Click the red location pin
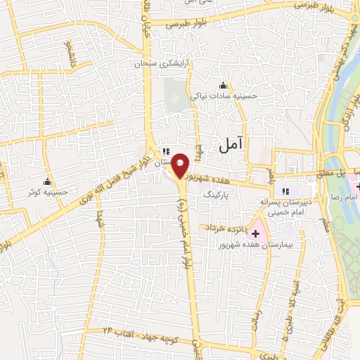pos(181,165)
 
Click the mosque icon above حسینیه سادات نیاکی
pos(224,85)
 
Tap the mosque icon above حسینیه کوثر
pos(48,181)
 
